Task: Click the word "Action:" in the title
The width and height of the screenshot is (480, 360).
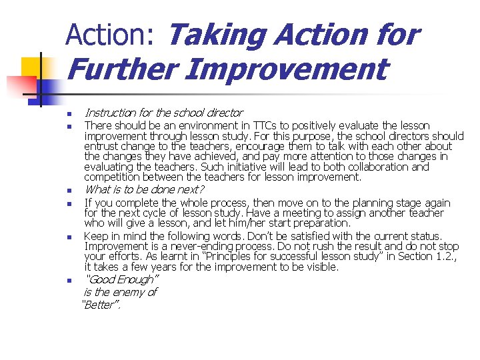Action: tap(111, 35)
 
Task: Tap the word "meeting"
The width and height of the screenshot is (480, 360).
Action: tap(319, 213)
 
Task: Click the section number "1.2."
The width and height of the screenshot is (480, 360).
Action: tap(443, 257)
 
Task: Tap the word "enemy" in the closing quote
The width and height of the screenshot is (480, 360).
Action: tap(123, 292)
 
